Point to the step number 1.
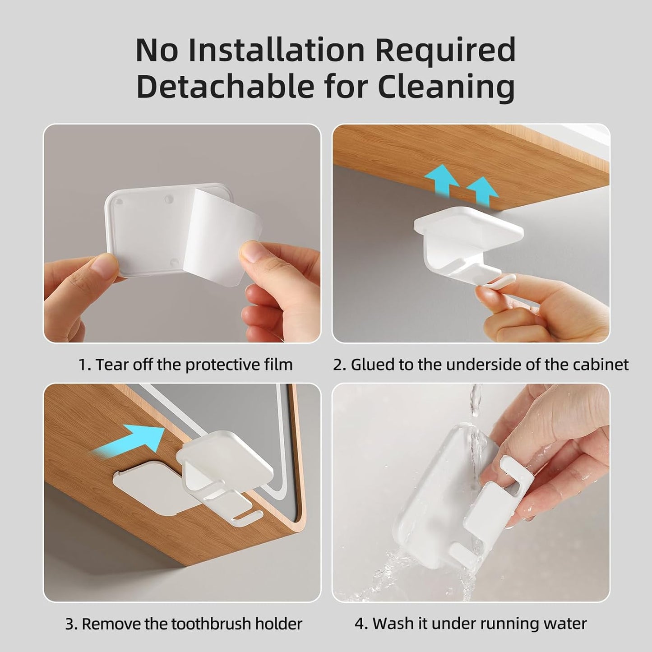point(83,365)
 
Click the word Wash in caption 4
point(390,624)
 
